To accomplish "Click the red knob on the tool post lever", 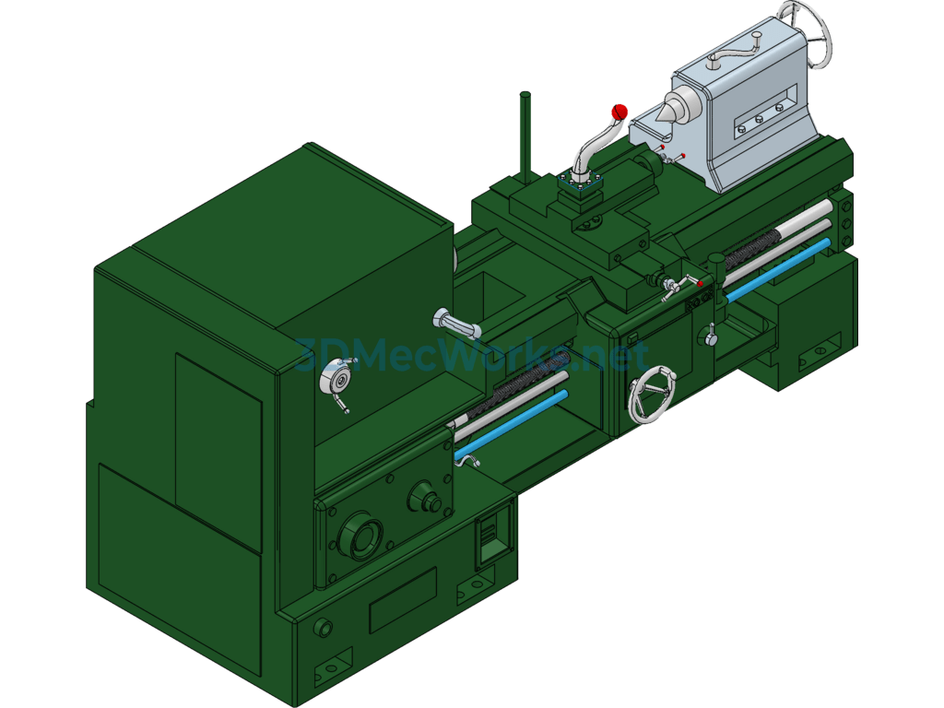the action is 619,112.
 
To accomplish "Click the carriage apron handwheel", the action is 652,395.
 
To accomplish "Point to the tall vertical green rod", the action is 525,137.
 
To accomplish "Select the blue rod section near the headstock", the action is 511,424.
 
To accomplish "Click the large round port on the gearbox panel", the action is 360,536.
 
